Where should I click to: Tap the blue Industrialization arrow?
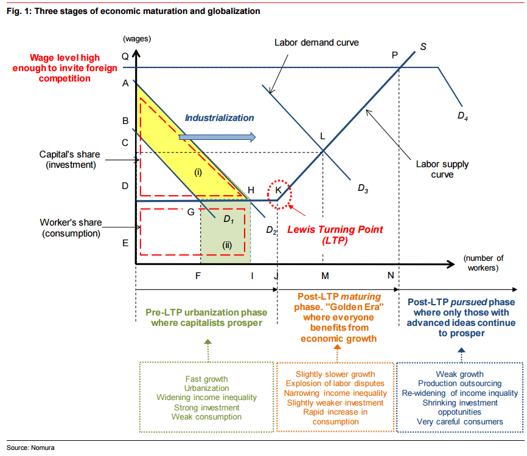(217, 137)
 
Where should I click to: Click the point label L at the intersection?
(323, 136)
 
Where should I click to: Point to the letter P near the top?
(395, 55)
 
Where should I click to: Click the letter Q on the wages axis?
(125, 55)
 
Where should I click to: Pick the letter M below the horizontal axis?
(325, 276)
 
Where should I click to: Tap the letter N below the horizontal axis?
(390, 276)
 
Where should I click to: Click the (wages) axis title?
(137, 39)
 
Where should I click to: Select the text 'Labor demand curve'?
(316, 43)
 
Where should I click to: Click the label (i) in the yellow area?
(198, 172)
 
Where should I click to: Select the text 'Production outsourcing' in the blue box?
(460, 384)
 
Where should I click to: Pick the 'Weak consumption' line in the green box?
(206, 416)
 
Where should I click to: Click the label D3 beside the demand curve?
(363, 188)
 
